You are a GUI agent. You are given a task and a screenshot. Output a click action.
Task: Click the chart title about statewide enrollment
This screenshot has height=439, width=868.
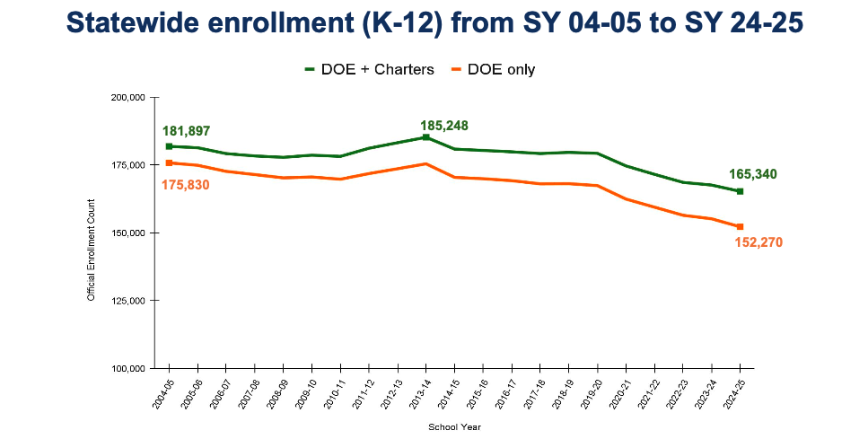coord(434,24)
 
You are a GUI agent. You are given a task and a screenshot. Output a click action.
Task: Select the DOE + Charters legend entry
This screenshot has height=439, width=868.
coord(369,69)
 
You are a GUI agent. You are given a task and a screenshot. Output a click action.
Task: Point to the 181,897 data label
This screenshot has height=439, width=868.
coord(187,131)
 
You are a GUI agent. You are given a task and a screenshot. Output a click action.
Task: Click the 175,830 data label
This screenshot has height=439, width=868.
coord(187,184)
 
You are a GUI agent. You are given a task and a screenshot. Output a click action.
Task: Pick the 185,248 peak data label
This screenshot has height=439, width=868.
coord(444,126)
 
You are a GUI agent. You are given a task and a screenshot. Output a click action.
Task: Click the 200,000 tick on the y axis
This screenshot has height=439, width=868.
coord(129,97)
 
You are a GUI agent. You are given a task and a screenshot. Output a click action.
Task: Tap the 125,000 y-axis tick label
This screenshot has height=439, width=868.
coord(129,301)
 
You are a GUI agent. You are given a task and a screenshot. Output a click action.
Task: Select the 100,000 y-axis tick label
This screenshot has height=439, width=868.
coord(129,368)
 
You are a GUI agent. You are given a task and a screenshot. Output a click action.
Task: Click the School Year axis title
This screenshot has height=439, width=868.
coord(454,427)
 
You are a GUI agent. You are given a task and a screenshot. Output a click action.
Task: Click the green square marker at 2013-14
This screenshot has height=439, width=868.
coord(425,137)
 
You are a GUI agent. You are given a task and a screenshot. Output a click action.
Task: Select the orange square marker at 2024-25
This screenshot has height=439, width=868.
coord(740,226)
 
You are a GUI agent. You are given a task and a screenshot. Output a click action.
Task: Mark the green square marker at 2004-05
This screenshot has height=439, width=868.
coord(169,146)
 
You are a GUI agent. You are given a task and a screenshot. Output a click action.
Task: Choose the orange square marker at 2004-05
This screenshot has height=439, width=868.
coord(169,162)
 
